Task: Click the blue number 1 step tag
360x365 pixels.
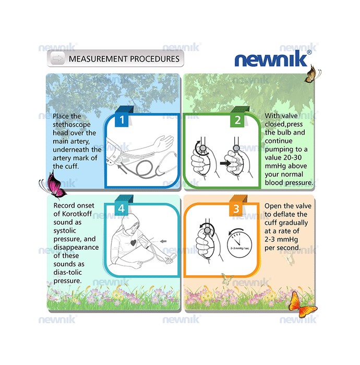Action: point(122,119)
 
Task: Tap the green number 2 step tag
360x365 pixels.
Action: point(237,120)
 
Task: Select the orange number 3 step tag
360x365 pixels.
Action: point(236,209)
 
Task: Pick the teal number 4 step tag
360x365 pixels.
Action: point(122,209)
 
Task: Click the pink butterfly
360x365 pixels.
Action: point(55,185)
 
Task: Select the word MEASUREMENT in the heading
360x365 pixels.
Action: point(98,59)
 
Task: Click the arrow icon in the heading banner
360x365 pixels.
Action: point(57,58)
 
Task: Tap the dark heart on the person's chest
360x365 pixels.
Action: point(133,243)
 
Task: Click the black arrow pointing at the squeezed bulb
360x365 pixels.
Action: point(225,163)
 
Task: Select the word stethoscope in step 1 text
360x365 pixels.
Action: point(71,125)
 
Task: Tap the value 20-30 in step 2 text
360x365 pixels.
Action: point(292,157)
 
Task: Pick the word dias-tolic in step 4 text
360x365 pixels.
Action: point(67,272)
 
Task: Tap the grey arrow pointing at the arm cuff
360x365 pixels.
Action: point(163,241)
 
